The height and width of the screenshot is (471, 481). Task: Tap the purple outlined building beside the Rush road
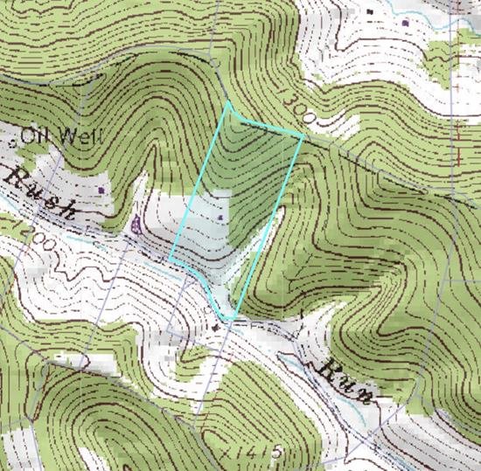[x=136, y=226]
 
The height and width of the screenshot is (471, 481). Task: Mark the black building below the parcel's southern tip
[x=217, y=327]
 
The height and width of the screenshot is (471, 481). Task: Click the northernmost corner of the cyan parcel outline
[x=229, y=104]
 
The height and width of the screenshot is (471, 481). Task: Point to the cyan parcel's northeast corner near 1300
[x=303, y=135]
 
